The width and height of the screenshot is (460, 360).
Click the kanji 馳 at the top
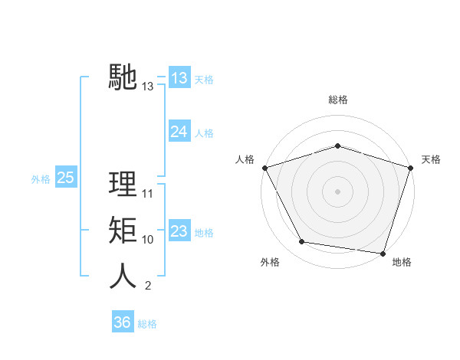123,77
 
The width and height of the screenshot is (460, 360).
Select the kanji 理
123,185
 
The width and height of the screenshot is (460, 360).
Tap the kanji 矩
123,231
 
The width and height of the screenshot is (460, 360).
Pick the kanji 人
123,277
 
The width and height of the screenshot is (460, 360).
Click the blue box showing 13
179,78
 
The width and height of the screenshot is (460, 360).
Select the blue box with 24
179,132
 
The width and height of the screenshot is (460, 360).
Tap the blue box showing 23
179,231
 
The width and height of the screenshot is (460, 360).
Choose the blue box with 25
65,178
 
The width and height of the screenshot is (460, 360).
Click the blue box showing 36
122,322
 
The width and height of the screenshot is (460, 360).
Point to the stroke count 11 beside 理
148,194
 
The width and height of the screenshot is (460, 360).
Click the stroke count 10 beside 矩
148,240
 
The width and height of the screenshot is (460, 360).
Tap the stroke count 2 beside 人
148,286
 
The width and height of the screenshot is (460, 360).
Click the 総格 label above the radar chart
338,100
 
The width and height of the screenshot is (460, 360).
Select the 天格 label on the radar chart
431,159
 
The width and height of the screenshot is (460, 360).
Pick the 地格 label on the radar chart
402,262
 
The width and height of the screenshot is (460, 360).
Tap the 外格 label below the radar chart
270,262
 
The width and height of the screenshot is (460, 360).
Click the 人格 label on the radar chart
245,159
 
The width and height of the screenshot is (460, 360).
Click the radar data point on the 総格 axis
338,146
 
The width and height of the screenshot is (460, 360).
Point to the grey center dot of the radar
338,191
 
